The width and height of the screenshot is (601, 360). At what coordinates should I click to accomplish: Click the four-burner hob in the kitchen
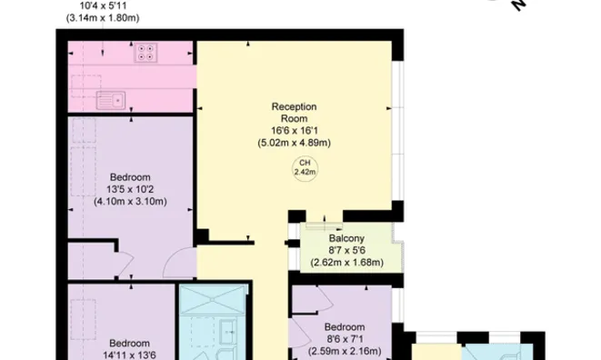coord(145,53)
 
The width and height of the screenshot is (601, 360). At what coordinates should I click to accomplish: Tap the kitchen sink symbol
coord(111,101)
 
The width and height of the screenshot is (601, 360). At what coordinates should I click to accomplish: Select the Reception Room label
coord(294,113)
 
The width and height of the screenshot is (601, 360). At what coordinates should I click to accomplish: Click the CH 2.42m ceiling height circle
coord(305,168)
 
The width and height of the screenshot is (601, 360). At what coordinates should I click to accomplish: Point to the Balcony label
coord(346,238)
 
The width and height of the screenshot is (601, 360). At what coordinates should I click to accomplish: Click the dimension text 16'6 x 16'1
coord(295,131)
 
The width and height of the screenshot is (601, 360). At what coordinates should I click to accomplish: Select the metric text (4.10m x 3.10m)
coord(130,202)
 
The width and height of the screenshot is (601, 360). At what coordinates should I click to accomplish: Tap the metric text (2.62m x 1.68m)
coord(347,263)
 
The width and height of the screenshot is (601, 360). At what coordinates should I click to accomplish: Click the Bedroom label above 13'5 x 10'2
coord(130,177)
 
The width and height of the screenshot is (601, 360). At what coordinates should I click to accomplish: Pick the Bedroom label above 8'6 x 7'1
coord(345,327)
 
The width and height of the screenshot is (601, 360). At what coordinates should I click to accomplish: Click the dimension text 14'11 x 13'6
coord(129,355)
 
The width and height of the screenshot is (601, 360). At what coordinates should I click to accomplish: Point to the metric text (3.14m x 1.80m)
coord(103,18)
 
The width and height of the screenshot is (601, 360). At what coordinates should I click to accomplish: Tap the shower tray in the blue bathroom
coord(213,299)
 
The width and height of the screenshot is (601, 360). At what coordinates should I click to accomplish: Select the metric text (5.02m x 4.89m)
coord(295,143)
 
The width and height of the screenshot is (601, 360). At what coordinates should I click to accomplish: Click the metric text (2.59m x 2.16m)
coord(345,351)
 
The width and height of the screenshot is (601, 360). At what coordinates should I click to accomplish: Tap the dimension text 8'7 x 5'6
coord(347,251)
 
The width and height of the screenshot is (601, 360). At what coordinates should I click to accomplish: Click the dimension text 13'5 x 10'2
coord(130,189)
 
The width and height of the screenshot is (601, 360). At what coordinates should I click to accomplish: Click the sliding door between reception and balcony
coord(324,225)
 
